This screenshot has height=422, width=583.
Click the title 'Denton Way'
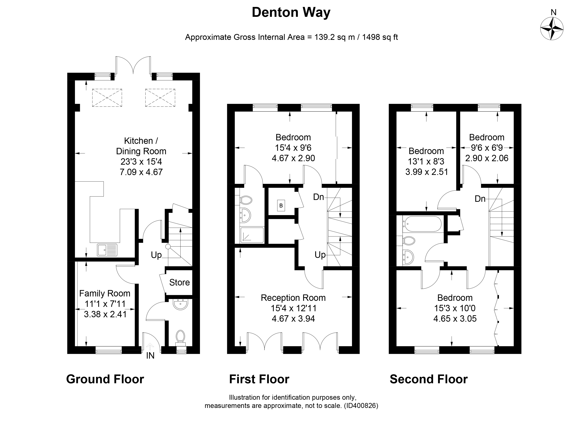[291, 13]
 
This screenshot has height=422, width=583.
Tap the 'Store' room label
[179, 282]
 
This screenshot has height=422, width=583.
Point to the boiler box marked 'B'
[281, 205]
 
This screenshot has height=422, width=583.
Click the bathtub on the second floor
[422, 224]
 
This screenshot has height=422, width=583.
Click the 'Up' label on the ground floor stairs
[156, 255]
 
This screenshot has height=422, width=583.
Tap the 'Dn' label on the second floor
[480, 199]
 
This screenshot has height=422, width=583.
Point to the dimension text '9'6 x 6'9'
[487, 148]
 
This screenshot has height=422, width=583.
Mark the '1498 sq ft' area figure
[380, 37]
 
